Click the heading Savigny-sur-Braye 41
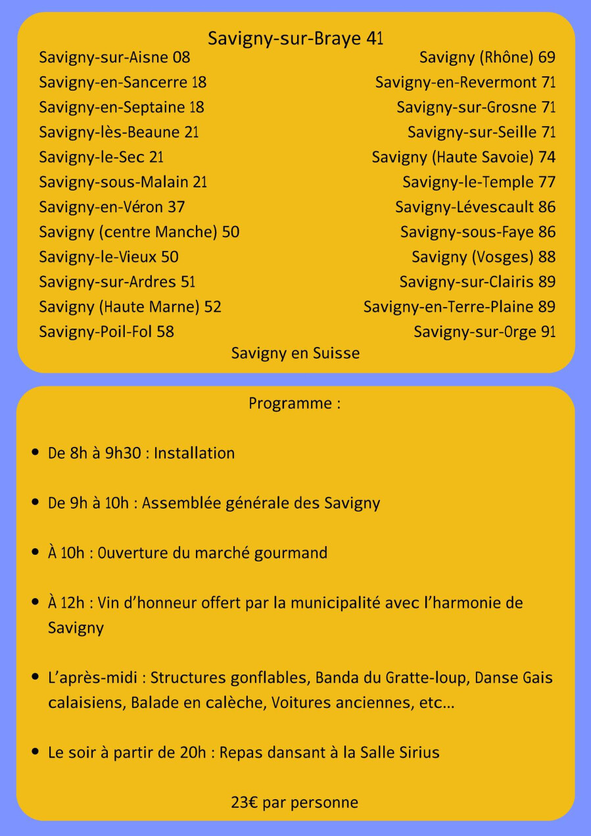295,39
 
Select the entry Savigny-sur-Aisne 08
114,58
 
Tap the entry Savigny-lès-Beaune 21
118,132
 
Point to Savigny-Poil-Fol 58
106,332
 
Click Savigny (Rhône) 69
487,58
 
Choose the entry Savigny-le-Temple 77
479,182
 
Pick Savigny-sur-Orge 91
485,332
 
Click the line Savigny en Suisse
295,354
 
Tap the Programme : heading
295,404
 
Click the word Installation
194,453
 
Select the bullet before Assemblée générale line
35,503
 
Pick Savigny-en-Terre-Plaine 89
459,307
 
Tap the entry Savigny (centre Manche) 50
139,232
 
